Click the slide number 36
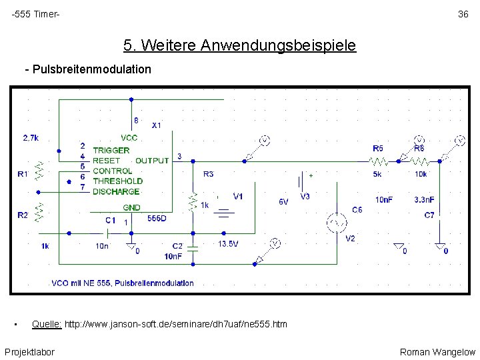coord(463,15)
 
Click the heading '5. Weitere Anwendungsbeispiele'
coord(239,45)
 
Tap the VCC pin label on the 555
coord(129,137)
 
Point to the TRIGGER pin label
coord(111,151)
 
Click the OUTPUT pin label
coord(152,161)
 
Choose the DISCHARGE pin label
coord(116,191)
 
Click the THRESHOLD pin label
coord(117,181)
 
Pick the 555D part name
coord(157,218)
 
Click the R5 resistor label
coord(378,148)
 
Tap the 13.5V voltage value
coord(228,244)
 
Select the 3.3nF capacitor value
coord(424,199)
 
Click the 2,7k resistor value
coord(31,138)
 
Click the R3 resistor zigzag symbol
coord(193,201)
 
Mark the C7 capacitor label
coord(429,215)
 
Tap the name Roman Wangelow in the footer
coord(437,352)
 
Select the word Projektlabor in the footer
coord(29,352)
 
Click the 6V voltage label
coord(283,201)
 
